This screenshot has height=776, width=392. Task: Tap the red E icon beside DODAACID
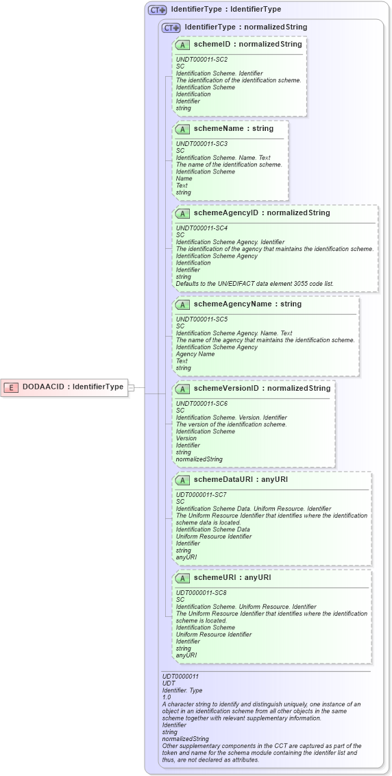pyautogui.click(x=11, y=387)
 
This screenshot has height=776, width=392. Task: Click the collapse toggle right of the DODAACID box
pyautogui.click(x=131, y=387)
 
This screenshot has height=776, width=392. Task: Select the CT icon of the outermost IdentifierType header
pyautogui.click(x=158, y=10)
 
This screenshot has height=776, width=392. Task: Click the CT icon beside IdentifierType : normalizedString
pyautogui.click(x=171, y=27)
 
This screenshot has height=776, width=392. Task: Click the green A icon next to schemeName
pyautogui.click(x=182, y=129)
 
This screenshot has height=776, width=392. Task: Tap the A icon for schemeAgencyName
pyautogui.click(x=182, y=304)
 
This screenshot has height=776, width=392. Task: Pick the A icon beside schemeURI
pyautogui.click(x=182, y=578)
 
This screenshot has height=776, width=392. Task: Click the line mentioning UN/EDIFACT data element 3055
pyautogui.click(x=255, y=284)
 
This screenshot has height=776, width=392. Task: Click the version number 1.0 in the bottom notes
pyautogui.click(x=167, y=697)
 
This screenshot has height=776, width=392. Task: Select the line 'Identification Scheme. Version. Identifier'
pyautogui.click(x=231, y=417)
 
